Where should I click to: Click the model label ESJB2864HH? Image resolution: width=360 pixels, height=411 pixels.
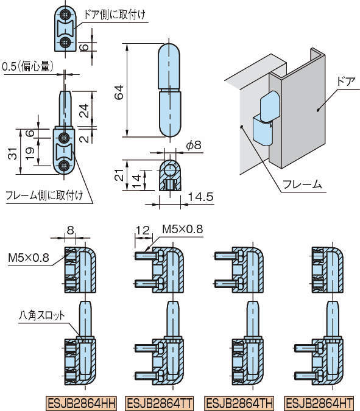click(82, 403)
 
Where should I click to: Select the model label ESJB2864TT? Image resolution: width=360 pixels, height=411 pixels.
click(159, 403)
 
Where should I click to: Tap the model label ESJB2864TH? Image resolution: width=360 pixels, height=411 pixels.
click(239, 403)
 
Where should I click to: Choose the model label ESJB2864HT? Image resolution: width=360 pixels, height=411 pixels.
click(319, 403)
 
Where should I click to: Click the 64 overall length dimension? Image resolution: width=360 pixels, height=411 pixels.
click(119, 92)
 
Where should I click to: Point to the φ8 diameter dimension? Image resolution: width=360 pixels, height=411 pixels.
click(194, 145)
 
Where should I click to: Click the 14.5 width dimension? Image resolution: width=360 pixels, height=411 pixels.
click(201, 197)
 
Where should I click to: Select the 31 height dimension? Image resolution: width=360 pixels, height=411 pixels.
click(13, 153)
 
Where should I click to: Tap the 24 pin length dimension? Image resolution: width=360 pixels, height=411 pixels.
click(84, 111)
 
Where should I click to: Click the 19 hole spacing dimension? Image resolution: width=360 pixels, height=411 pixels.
click(30, 153)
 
